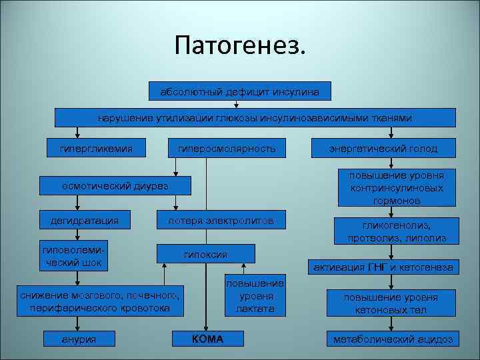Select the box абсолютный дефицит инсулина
click(239, 90)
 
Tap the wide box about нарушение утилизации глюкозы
click(255, 117)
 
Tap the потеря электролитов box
click(221, 220)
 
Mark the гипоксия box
click(205, 254)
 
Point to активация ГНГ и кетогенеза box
click(383, 267)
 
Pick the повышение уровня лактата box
click(255, 295)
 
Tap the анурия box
click(79, 339)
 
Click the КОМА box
click(207, 339)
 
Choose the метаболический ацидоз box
click(393, 339)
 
